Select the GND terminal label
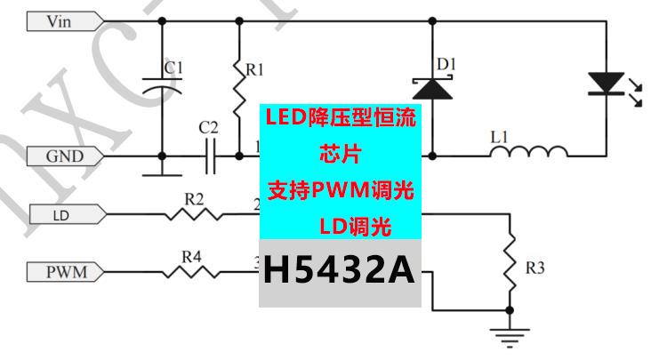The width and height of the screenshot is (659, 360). pyautogui.click(x=65, y=156)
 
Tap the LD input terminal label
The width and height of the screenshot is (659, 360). pyautogui.click(x=64, y=214)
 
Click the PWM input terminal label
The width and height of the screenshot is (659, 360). pyautogui.click(x=67, y=271)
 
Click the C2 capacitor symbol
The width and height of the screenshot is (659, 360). pyautogui.click(x=211, y=156)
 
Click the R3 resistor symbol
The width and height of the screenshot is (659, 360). pyautogui.click(x=509, y=260)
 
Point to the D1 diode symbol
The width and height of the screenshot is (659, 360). pyautogui.click(x=431, y=88)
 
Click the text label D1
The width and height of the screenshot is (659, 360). pyautogui.click(x=446, y=65)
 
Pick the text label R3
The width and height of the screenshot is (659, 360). pyautogui.click(x=535, y=266)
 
